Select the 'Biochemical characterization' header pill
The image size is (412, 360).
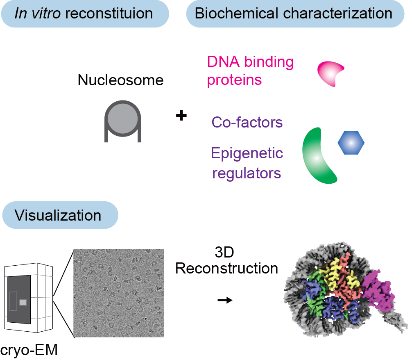tap(294, 14)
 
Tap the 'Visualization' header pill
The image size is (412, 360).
tap(60, 215)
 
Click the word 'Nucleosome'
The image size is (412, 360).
tap(120, 80)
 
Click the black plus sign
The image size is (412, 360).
tap(181, 116)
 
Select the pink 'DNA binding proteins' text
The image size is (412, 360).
tap(250, 71)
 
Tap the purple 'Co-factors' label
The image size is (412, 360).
tap(247, 123)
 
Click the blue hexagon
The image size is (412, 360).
tap(351, 143)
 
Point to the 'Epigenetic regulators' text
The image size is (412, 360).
tap(247, 163)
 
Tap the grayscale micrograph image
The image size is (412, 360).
tap(118, 293)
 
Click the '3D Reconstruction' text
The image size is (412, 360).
tap(226, 261)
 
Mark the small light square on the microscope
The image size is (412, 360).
tap(23, 302)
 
